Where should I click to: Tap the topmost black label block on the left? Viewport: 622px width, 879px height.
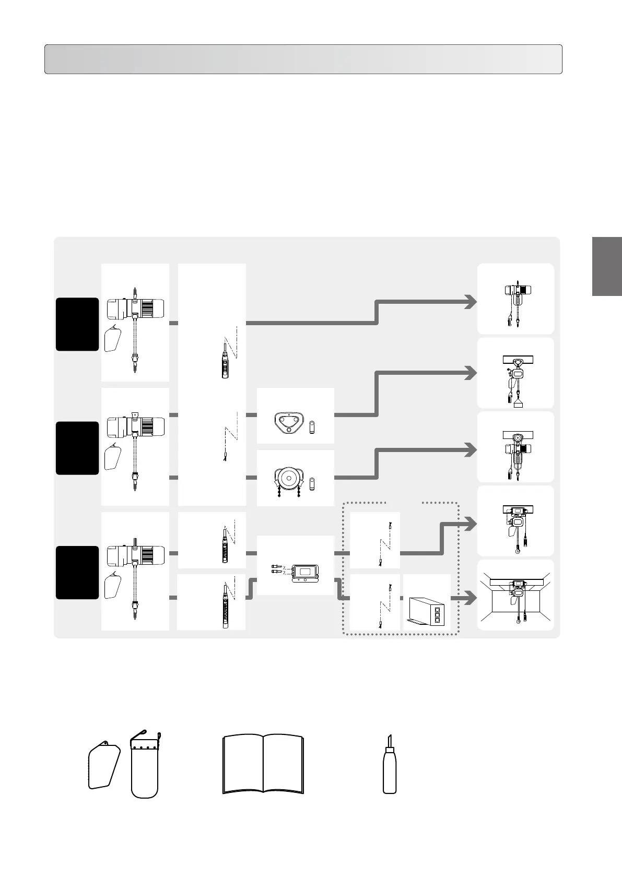(77, 324)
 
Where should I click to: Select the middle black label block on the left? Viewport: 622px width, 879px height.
(77, 448)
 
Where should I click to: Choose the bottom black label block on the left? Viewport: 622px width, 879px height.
(77, 573)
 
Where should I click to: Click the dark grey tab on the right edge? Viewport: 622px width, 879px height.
(607, 266)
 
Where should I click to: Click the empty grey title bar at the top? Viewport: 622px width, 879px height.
(303, 59)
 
